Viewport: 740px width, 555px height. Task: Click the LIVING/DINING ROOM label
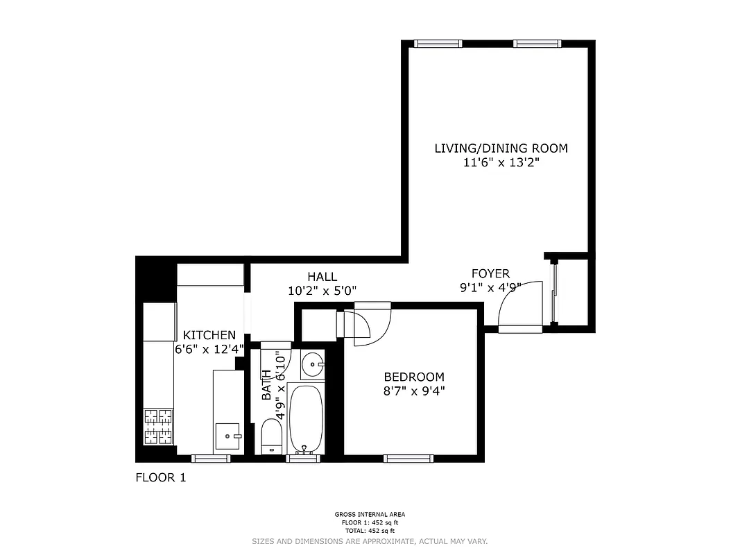tap(501, 148)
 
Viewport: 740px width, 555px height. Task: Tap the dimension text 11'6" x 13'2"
tap(501, 163)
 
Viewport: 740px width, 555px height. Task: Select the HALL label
tap(322, 277)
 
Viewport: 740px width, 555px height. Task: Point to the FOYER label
tap(490, 274)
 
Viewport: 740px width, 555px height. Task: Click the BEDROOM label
tap(414, 377)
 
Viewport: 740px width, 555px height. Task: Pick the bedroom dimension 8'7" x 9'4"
tap(414, 391)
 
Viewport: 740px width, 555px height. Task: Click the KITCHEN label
tap(209, 335)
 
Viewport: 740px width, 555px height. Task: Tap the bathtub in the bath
tap(305, 418)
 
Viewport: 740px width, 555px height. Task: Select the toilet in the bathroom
tap(272, 436)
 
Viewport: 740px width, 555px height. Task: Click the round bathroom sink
tap(314, 363)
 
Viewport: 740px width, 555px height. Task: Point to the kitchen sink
tap(227, 436)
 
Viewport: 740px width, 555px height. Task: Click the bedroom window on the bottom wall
tap(408, 459)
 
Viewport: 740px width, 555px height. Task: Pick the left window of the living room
tap(438, 44)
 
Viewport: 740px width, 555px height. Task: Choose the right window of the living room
tap(537, 44)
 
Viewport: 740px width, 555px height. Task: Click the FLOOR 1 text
tap(160, 477)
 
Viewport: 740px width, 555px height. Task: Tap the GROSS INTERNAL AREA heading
tap(370, 515)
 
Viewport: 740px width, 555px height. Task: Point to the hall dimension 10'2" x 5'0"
tap(322, 291)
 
